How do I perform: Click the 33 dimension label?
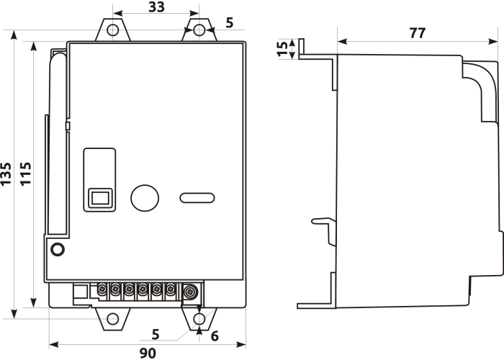point(156,6)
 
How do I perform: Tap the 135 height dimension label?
point(6,174)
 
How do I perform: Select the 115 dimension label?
point(26,174)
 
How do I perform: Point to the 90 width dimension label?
point(148,354)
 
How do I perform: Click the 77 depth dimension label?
point(417,33)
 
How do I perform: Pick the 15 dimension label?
point(283,49)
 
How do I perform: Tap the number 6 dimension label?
point(215,336)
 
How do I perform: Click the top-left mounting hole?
point(113,30)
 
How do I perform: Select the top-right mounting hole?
point(199,30)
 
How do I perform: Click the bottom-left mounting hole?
point(113,319)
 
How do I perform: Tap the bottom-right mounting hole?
point(199,319)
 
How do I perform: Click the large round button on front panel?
point(145,198)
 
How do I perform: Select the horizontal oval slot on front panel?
point(197,198)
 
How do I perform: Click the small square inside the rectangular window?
point(100,198)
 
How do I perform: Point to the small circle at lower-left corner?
point(58,249)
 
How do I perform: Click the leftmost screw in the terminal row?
point(102,289)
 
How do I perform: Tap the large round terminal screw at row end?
point(191,292)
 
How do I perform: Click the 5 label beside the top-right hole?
point(229,23)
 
